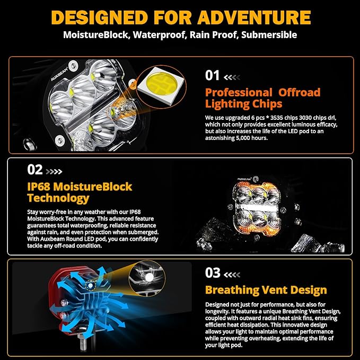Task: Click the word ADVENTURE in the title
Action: pyautogui.click(x=254, y=17)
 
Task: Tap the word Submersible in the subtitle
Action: pyautogui.click(x=269, y=35)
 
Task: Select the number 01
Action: pyautogui.click(x=213, y=75)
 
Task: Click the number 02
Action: pyautogui.click(x=35, y=170)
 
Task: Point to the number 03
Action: pyautogui.click(x=213, y=273)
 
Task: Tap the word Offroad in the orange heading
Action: pyautogui.click(x=300, y=92)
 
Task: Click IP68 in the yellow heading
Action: pyautogui.click(x=39, y=187)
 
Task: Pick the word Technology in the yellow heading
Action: pyautogui.click(x=58, y=198)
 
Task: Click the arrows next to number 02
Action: pyautogui.click(x=54, y=171)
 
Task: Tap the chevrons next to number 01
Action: pyautogui.click(x=232, y=77)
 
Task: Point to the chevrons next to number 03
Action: pyautogui.click(x=232, y=274)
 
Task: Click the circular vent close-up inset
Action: pyautogui.click(x=147, y=278)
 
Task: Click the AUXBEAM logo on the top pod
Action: pyautogui.click(x=59, y=74)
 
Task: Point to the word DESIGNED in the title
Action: pyautogui.click(x=100, y=17)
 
